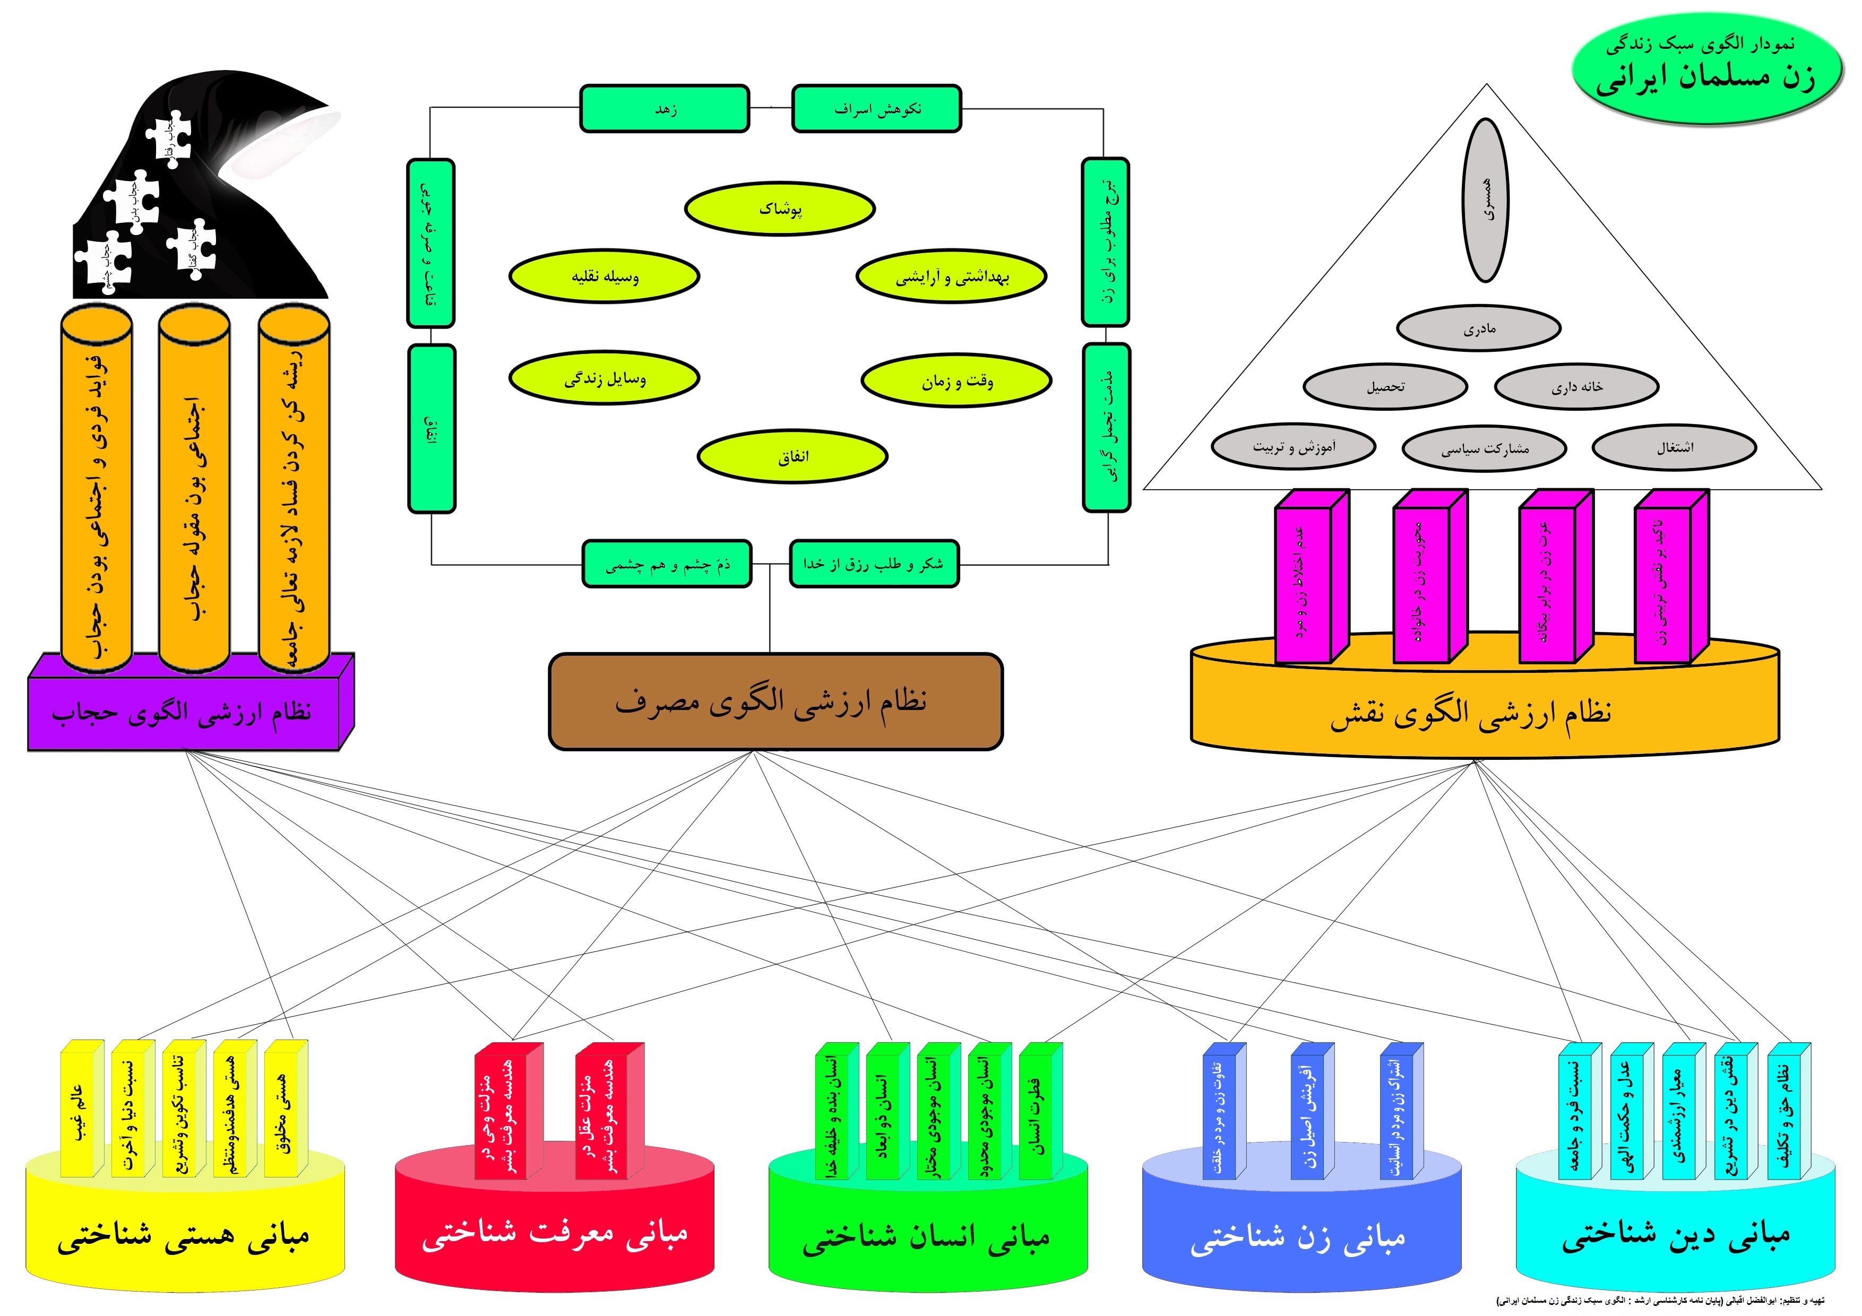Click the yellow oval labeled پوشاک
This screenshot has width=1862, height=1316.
pos(779,209)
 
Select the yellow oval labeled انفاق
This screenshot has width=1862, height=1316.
pos(792,456)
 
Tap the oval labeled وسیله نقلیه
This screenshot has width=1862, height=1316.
pos(604,276)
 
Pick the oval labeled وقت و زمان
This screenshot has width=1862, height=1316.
pos(956,380)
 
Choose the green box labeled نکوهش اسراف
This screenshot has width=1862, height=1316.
pos(876,109)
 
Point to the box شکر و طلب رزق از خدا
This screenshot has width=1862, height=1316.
pos(874,564)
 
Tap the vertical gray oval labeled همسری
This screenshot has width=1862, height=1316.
pos(1486,200)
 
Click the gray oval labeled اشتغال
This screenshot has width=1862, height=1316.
pos(1674,447)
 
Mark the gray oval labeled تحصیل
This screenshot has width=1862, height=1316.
pos(1385,387)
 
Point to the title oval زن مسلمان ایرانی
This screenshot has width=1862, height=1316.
pos(1706,70)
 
